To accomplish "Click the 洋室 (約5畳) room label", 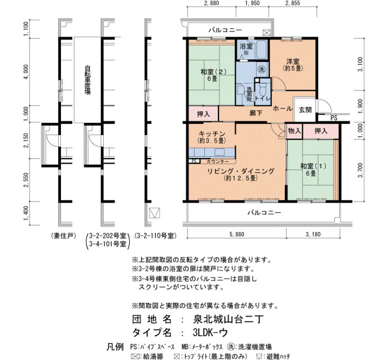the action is (x=293, y=65).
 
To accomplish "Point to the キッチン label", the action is (x=212, y=134).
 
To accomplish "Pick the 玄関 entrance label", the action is (x=305, y=110).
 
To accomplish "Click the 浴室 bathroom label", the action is (x=246, y=46).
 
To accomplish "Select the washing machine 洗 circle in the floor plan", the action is (x=261, y=69).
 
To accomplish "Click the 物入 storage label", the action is (x=294, y=131).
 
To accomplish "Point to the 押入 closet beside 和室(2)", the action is (x=203, y=114).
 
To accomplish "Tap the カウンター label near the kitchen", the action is (x=218, y=162).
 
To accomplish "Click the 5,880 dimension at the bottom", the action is (x=237, y=234).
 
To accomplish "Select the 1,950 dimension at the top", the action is (x=252, y=3).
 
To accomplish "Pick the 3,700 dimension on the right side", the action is (x=360, y=170).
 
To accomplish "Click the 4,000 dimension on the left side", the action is (x=26, y=72).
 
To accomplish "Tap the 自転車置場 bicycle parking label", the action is (x=88, y=80).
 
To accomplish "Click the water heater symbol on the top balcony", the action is (x=267, y=33).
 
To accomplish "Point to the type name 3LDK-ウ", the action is (x=210, y=332).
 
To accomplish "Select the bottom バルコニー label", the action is (x=264, y=213).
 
